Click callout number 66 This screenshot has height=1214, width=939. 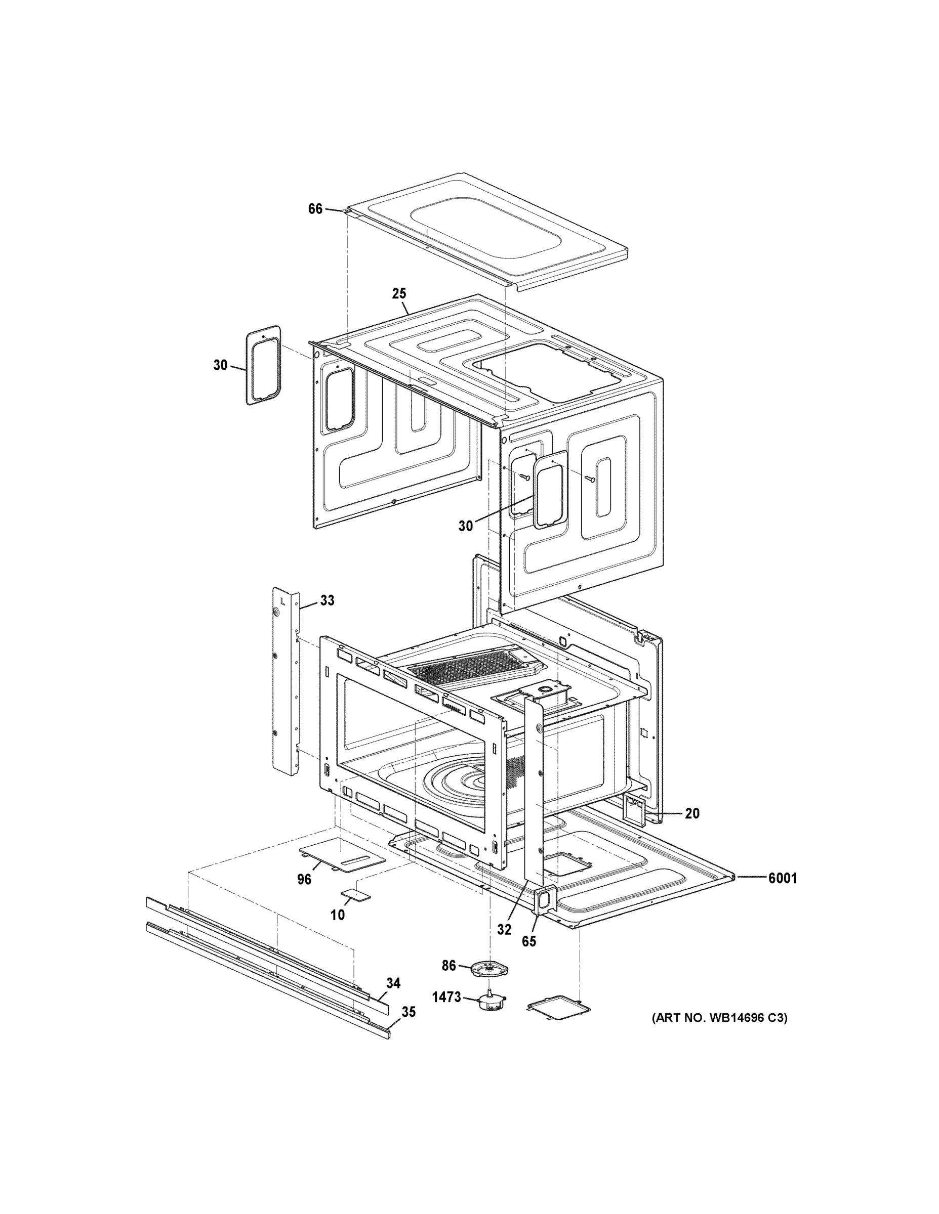[x=315, y=209]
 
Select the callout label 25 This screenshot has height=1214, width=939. [x=399, y=293]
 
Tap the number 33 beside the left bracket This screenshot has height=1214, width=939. [x=327, y=600]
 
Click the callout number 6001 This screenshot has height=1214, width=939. [x=782, y=878]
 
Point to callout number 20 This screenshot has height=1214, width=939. [x=692, y=813]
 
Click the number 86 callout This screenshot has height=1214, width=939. [x=449, y=966]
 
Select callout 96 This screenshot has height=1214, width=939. [x=304, y=879]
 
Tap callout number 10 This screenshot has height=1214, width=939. [x=338, y=915]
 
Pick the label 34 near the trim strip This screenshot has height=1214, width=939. [x=393, y=983]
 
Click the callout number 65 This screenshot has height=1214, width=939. [x=528, y=941]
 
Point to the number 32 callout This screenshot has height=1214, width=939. [x=504, y=929]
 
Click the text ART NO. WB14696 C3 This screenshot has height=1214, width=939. [x=720, y=1018]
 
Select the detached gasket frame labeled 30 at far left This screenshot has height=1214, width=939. [x=264, y=365]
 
